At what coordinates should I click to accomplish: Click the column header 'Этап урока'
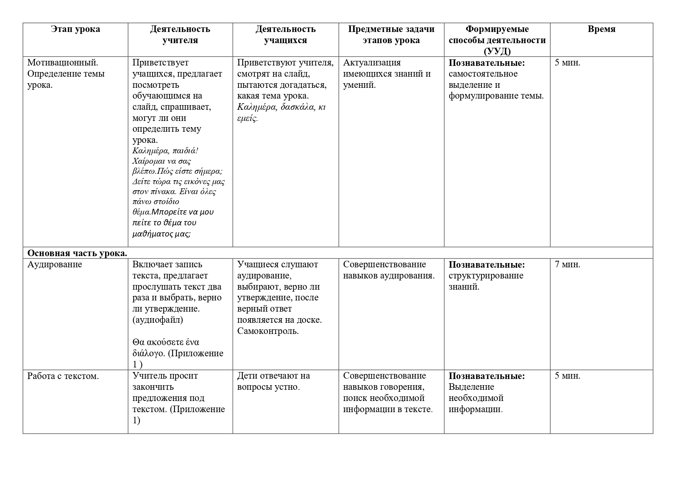point(75,29)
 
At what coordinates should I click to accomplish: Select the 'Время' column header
point(601,29)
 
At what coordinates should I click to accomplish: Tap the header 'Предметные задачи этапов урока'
point(391,35)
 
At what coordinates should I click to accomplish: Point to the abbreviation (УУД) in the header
point(497,51)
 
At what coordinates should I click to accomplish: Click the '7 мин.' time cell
point(567,265)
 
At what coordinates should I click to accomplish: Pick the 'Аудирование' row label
point(55,265)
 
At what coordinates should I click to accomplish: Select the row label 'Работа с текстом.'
point(63,376)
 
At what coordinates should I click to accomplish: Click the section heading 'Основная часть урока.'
point(77,253)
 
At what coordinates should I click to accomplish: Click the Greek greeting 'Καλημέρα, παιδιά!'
point(166,151)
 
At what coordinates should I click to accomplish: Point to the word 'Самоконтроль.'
point(268,331)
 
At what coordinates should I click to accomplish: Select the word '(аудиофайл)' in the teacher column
point(158,320)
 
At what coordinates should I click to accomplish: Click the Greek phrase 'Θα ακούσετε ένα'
point(166,342)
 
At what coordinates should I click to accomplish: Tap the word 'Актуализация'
point(372,62)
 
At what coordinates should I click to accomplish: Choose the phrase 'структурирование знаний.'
point(486,281)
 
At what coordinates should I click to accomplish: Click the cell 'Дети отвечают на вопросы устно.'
point(273,381)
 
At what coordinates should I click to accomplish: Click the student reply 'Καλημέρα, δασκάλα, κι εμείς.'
point(281,112)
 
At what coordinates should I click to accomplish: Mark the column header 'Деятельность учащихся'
point(285,35)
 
